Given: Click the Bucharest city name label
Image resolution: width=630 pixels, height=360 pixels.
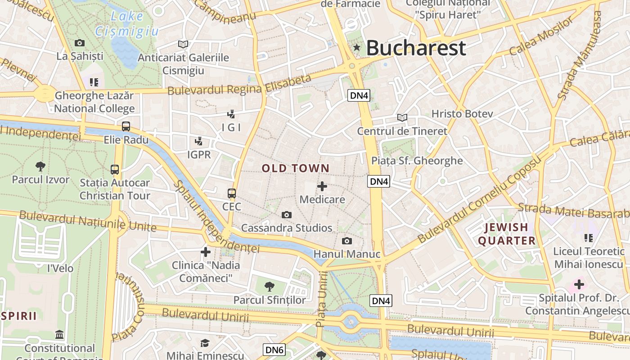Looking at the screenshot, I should [x=415, y=48].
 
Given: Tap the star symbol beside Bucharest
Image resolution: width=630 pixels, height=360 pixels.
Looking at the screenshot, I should [x=357, y=47].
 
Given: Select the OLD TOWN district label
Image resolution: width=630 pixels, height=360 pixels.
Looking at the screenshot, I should [x=296, y=168].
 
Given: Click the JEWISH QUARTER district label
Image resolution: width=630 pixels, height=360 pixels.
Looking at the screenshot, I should [x=507, y=234].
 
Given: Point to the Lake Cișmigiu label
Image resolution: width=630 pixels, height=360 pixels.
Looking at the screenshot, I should [x=127, y=24].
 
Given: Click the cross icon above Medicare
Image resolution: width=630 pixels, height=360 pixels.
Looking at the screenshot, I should [x=322, y=186].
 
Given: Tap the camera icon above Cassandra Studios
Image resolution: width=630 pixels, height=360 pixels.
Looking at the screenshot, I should [x=287, y=215].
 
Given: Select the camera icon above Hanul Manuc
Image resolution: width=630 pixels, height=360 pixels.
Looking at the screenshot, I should [x=346, y=241].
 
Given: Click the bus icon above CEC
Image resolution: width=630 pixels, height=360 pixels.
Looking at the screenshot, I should [x=232, y=193].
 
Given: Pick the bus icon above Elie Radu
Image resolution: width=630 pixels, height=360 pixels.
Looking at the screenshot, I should [x=126, y=126].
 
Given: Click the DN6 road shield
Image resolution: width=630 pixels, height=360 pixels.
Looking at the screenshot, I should [x=274, y=350].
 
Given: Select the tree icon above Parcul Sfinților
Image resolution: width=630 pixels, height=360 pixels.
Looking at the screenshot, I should [x=270, y=286].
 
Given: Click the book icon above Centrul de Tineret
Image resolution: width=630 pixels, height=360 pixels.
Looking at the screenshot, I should [x=402, y=118].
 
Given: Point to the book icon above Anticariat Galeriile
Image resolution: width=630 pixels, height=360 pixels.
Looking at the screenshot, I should [x=183, y=44].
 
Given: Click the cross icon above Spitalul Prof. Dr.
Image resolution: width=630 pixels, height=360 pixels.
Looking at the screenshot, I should [x=579, y=284].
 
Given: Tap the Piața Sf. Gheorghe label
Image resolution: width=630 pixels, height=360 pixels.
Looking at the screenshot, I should [x=417, y=161].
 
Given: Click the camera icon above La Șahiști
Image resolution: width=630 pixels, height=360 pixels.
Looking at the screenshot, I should [x=80, y=43].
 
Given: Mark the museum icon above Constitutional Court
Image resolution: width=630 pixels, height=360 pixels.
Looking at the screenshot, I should [x=59, y=335].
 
